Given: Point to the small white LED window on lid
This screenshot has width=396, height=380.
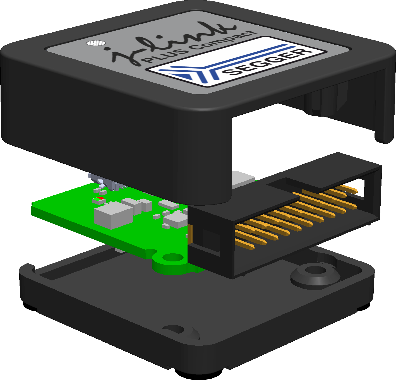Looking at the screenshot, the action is click(96, 43).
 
